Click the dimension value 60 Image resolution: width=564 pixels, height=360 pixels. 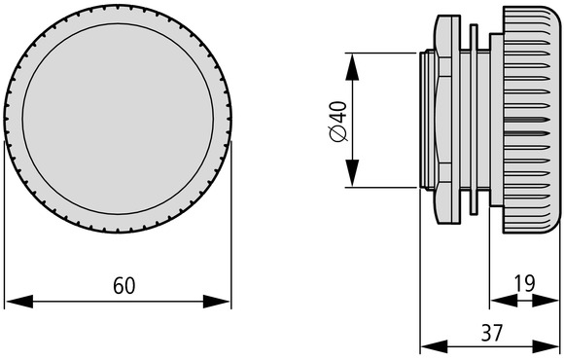[124, 285]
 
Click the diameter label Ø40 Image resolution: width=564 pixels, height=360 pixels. [339, 122]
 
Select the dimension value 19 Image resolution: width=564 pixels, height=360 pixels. [524, 283]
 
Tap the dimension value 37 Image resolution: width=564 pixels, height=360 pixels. [491, 333]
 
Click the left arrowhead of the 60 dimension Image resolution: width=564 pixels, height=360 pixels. [19, 302]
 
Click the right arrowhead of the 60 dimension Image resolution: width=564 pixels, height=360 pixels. [216, 302]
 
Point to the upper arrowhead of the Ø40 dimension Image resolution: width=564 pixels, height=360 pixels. [352, 66]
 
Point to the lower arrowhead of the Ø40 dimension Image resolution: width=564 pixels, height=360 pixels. [352, 173]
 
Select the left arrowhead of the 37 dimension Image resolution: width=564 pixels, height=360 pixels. [434, 346]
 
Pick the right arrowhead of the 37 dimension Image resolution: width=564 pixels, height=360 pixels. [546, 346]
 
